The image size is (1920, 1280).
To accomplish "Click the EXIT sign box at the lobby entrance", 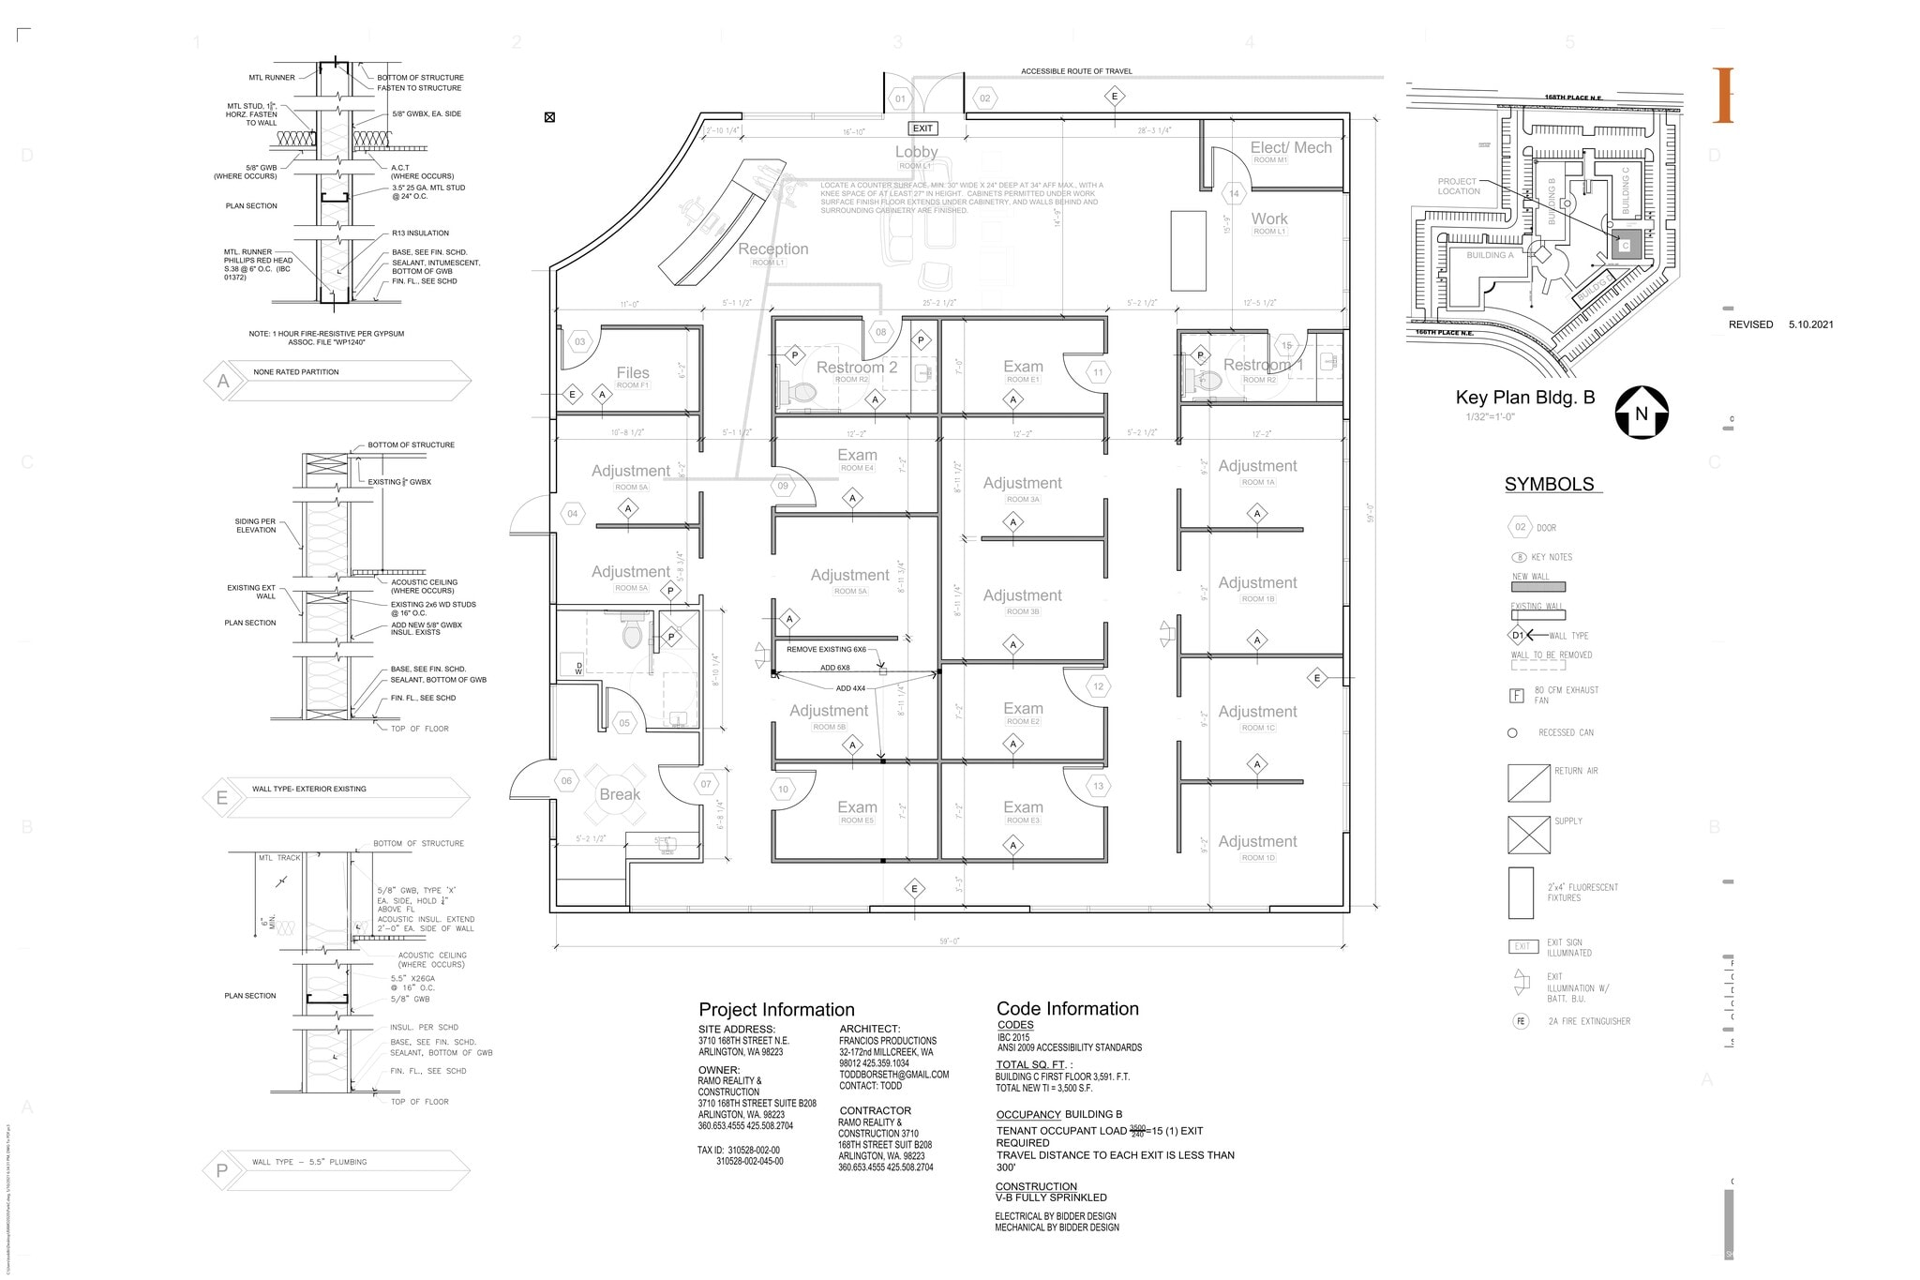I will pyautogui.click(x=922, y=128).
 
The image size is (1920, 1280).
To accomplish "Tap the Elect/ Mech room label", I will pyautogui.click(x=1290, y=148).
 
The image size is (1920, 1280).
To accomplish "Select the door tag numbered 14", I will pyautogui.click(x=1234, y=194).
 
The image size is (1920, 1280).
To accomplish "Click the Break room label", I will pyautogui.click(x=620, y=794).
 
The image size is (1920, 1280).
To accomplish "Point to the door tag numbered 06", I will pyautogui.click(x=567, y=781).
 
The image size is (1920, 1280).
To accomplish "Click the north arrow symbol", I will pyautogui.click(x=1641, y=413).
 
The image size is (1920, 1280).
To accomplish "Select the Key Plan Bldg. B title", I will pyautogui.click(x=1524, y=398).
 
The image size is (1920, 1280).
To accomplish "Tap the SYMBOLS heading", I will pyautogui.click(x=1549, y=485).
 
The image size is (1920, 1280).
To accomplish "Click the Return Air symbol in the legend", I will pyautogui.click(x=1528, y=783).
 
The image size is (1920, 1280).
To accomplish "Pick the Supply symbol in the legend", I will pyautogui.click(x=1528, y=835).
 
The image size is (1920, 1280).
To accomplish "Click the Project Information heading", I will pyautogui.click(x=776, y=1010).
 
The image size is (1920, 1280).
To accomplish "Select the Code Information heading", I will pyautogui.click(x=1067, y=1009).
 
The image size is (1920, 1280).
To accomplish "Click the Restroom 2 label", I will pyautogui.click(x=856, y=368).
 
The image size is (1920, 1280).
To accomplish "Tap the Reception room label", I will pyautogui.click(x=772, y=248).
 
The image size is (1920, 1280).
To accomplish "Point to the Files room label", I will pyautogui.click(x=633, y=373).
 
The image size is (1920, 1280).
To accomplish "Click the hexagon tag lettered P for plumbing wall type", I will pyautogui.click(x=221, y=1170).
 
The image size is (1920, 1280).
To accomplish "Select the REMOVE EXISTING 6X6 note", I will pyautogui.click(x=826, y=649).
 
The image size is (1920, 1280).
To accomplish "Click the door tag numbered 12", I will pyautogui.click(x=1098, y=686).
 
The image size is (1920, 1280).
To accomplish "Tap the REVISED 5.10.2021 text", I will pyautogui.click(x=1780, y=324).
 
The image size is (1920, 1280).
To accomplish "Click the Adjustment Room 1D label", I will pyautogui.click(x=1257, y=842).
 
